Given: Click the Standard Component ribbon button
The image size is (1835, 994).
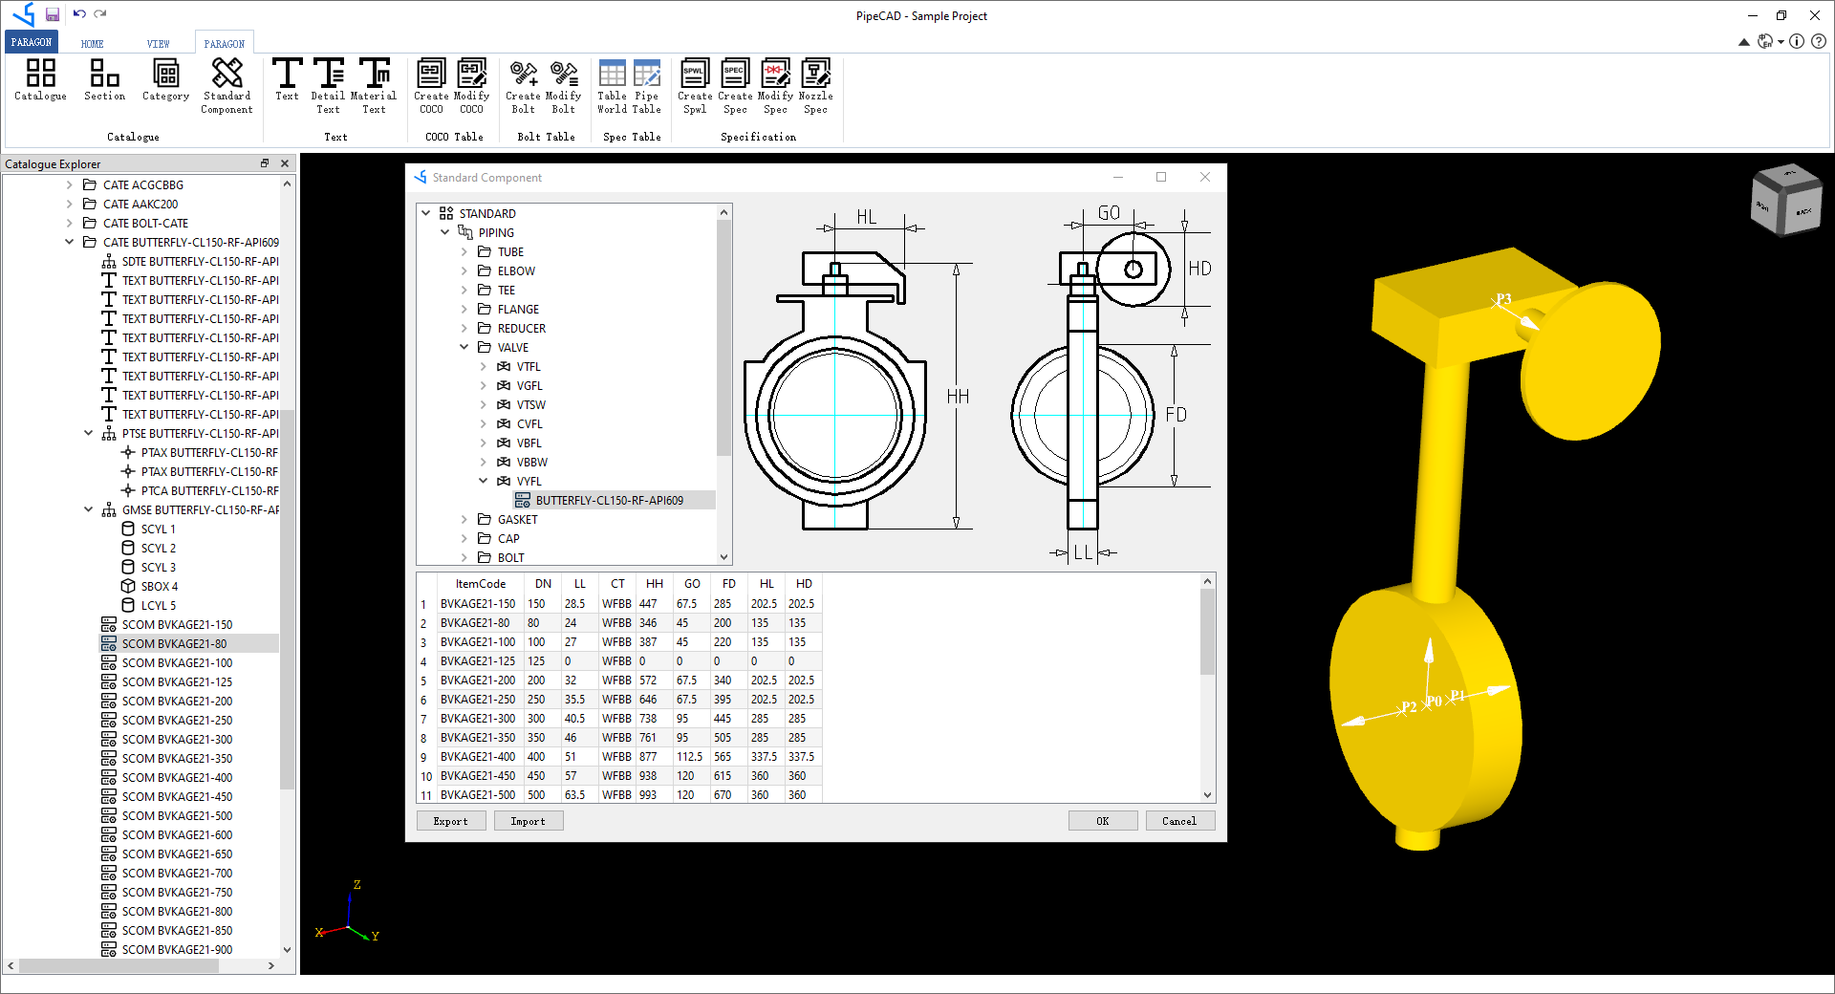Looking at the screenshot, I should point(227,85).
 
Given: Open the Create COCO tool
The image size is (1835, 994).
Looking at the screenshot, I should point(431,85).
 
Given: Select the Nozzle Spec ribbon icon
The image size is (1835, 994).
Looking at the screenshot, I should point(815,85).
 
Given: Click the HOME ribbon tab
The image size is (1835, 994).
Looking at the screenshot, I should point(92,44).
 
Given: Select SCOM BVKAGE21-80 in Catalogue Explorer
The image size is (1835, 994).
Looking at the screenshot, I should point(174,643).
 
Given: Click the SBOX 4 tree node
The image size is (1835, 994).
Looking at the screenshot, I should point(159,586).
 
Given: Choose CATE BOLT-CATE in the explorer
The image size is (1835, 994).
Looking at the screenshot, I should point(145,223).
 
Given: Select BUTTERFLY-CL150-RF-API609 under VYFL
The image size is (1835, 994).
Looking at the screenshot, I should point(609,500).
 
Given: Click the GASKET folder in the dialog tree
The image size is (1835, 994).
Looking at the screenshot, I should point(517,519).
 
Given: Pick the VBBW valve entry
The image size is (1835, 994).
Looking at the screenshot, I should point(531,462).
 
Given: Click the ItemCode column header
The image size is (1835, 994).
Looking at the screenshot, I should point(480,583).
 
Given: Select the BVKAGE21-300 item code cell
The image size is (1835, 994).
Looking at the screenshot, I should point(477,718).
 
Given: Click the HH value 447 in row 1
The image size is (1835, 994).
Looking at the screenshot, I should point(648,603).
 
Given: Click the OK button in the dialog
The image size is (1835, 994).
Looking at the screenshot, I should point(1102,821).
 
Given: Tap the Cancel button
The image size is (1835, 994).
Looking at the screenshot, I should point(1178,821).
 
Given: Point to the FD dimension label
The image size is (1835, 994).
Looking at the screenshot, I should point(1176,415).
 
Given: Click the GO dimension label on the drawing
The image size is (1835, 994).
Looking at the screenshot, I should point(1109,213).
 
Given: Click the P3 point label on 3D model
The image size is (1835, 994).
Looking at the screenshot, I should point(1503,299).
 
